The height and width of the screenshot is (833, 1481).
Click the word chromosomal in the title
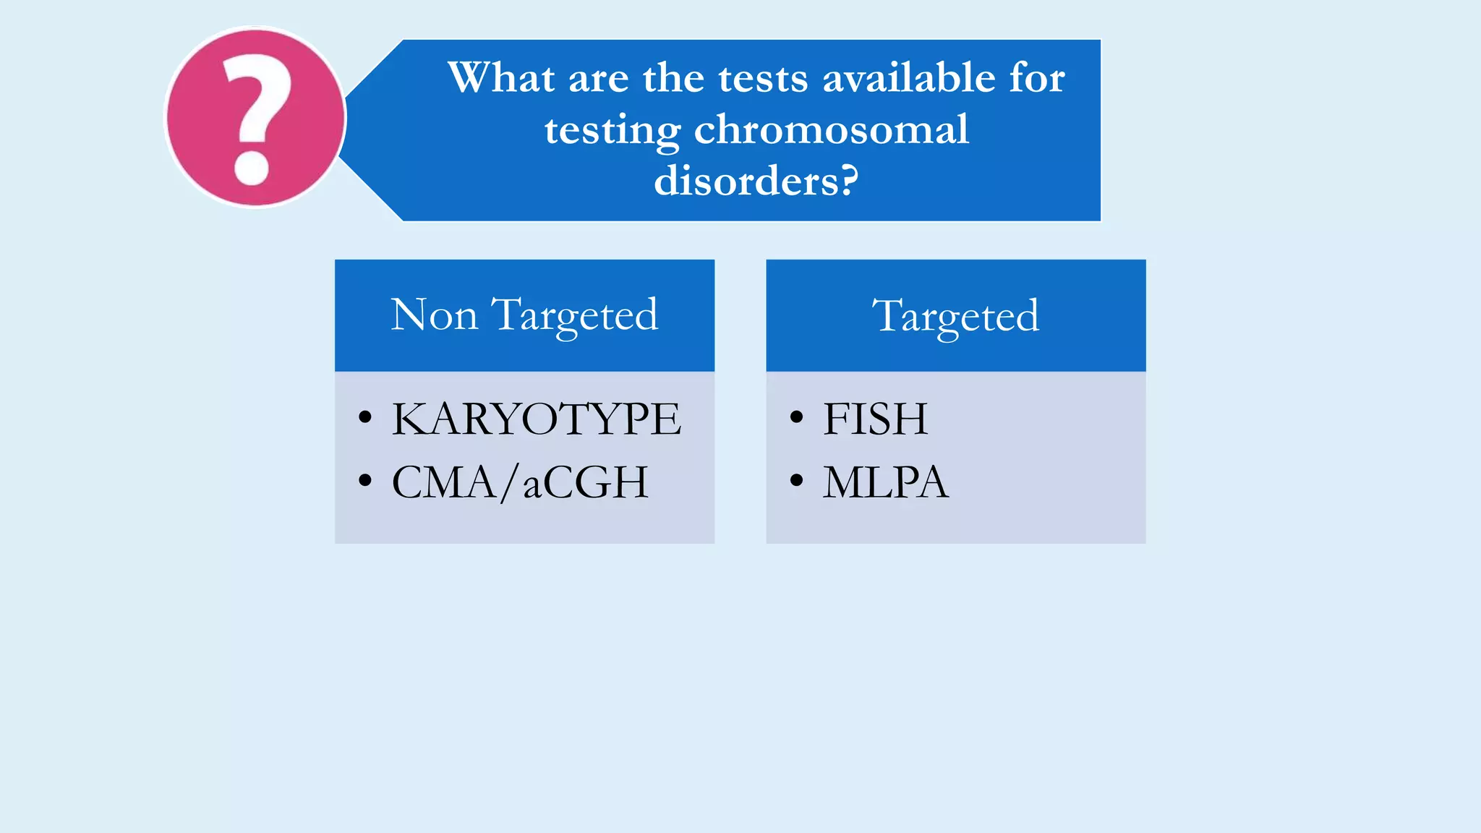(831, 130)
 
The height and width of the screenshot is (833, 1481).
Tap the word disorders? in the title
(756, 181)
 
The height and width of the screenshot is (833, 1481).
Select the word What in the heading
(501, 77)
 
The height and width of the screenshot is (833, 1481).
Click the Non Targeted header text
(524, 315)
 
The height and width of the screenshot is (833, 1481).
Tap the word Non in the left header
(434, 315)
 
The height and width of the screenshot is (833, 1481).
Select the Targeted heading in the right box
(955, 316)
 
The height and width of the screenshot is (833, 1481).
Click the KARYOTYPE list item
(536, 419)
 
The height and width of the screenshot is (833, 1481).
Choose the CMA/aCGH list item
(520, 482)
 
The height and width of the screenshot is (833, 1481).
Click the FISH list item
(875, 419)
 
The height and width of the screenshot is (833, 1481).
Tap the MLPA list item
(885, 482)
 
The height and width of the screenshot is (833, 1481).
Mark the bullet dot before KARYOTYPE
(365, 417)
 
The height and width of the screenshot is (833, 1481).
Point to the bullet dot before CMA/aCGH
(365, 480)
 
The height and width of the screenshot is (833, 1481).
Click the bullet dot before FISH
(797, 417)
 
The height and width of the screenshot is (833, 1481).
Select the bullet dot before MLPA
(797, 480)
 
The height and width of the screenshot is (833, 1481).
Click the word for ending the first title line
(1037, 77)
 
